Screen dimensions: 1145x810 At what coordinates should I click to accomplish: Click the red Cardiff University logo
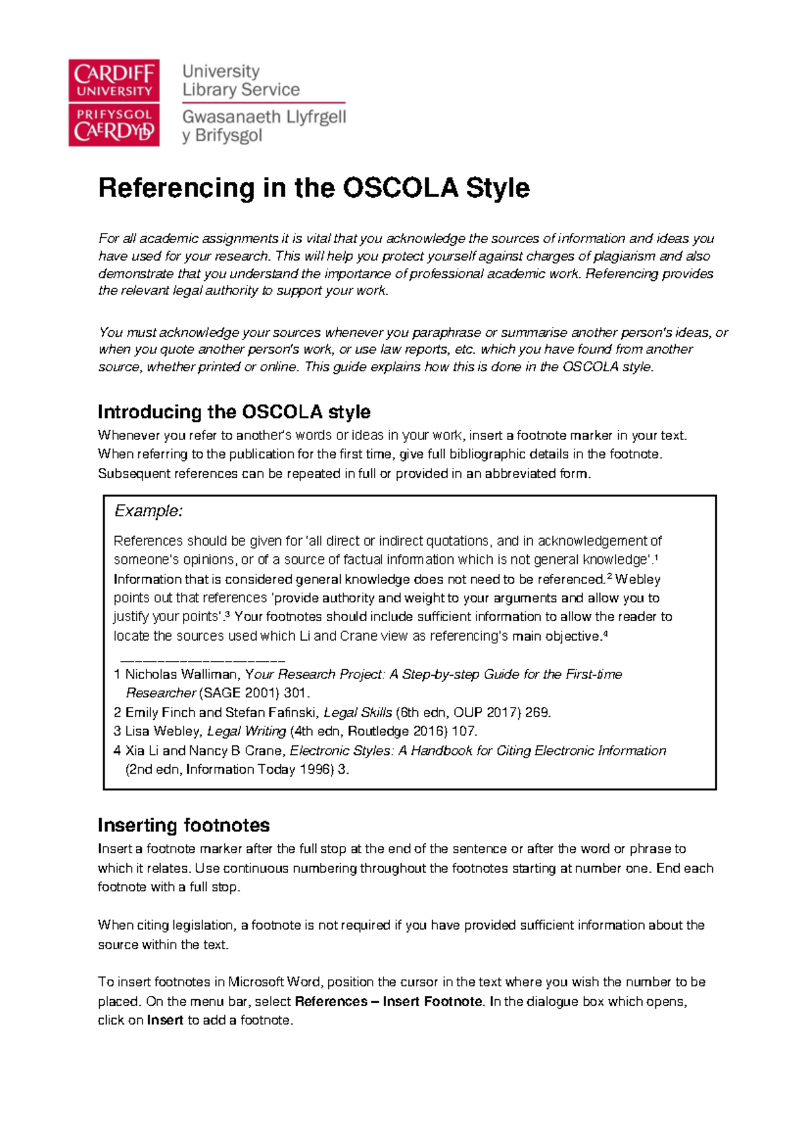[113, 102]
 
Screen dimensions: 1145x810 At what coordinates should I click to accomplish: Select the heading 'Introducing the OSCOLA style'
[234, 412]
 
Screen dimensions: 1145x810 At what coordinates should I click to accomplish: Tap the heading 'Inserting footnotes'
[184, 825]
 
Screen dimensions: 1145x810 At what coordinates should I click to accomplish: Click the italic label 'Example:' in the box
[148, 511]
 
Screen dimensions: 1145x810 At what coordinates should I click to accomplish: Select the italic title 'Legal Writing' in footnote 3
[246, 731]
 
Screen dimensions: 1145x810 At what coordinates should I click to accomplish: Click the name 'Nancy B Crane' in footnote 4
[236, 751]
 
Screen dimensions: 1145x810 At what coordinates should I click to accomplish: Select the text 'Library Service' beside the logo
[241, 90]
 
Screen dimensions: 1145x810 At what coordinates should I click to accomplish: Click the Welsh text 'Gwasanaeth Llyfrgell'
[264, 117]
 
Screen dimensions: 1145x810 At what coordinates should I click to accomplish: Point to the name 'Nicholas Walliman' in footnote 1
[181, 674]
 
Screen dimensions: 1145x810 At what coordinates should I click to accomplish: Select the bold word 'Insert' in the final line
[165, 1020]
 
